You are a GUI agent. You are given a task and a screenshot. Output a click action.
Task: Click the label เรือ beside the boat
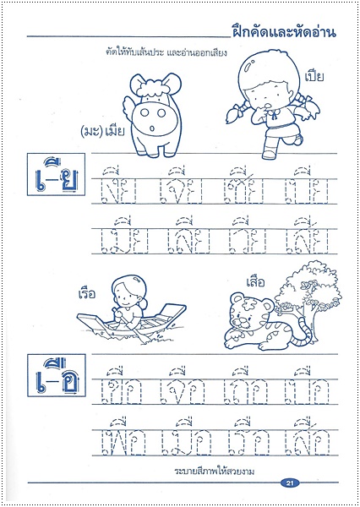coord(87,293)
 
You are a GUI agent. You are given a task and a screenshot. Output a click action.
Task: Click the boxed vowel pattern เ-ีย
coord(54,180)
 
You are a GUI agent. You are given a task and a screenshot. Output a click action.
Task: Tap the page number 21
coord(288,482)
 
